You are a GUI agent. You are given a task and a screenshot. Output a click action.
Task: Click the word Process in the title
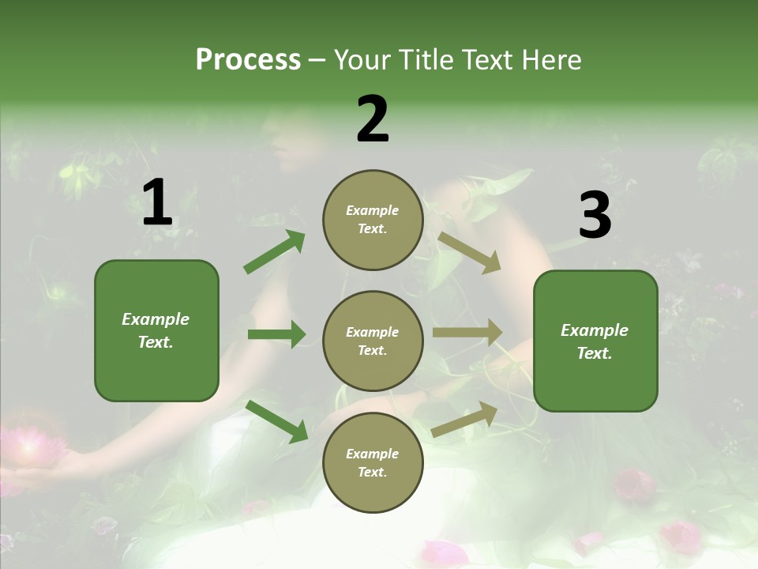coord(248,60)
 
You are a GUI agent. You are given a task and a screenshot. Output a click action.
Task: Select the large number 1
coord(157,203)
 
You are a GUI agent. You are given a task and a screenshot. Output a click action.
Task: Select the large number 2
coord(373,119)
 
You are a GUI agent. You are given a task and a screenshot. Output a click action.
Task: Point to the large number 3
coord(595,216)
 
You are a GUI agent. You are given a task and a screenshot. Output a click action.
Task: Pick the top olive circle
coord(373,220)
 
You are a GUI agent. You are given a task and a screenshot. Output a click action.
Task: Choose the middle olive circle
coord(373,341)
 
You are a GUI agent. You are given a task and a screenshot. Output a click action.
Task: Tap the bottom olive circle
coord(373,462)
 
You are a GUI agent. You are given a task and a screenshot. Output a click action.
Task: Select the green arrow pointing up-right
coord(275,252)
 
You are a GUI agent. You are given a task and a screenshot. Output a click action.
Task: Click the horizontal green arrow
coord(276,334)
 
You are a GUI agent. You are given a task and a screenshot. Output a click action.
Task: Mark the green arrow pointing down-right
coord(277,421)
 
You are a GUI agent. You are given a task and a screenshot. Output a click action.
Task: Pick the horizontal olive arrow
coord(467,333)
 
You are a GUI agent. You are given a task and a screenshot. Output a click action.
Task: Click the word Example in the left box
coord(156,319)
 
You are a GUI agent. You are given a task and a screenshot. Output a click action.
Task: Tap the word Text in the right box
coord(594,353)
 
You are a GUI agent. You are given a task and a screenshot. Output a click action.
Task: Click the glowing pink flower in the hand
coord(33,447)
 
